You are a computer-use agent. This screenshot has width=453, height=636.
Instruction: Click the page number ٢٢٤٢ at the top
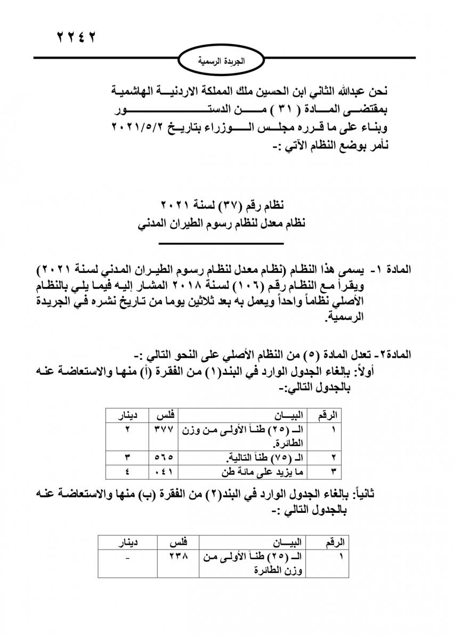(x=77, y=38)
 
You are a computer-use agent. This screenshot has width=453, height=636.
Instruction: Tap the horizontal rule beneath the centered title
(x=222, y=245)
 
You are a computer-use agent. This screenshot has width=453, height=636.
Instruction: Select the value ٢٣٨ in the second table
(x=175, y=557)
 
